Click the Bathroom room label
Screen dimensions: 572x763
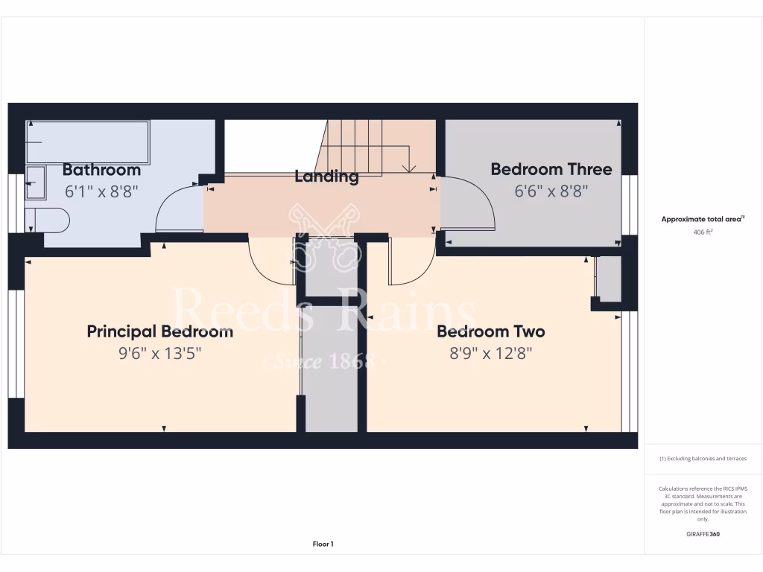click(x=101, y=170)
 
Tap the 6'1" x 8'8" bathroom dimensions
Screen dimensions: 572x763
click(x=101, y=191)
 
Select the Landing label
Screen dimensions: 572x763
click(x=326, y=177)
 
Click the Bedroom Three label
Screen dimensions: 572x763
click(x=551, y=170)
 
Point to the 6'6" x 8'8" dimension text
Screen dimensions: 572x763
click(x=551, y=191)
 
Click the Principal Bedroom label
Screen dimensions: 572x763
click(x=159, y=331)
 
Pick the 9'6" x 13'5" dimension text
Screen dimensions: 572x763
click(x=159, y=353)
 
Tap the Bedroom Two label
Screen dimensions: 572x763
click(x=490, y=331)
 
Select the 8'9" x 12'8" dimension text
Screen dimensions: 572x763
click(x=490, y=353)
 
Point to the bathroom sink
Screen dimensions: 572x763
click(x=35, y=182)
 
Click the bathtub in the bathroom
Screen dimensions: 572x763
click(x=87, y=142)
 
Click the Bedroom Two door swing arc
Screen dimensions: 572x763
click(x=412, y=264)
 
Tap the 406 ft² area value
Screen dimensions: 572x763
click(x=703, y=232)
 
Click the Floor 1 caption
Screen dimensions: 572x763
click(x=323, y=544)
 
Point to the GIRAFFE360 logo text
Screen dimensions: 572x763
click(x=703, y=534)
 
